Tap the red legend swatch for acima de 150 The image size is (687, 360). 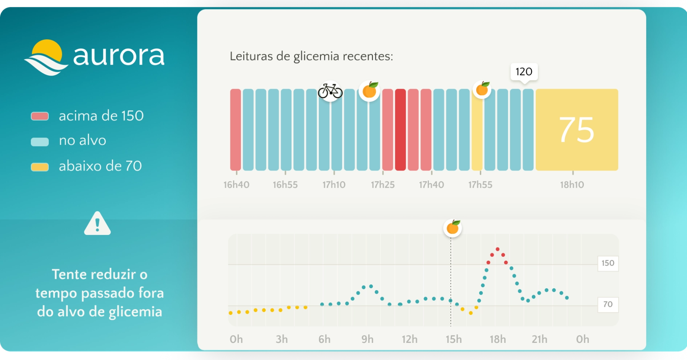pyautogui.click(x=40, y=116)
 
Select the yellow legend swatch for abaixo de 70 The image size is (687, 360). pyautogui.click(x=40, y=167)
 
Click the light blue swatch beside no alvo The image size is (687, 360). pyautogui.click(x=40, y=141)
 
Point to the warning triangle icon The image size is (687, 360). pyautogui.click(x=97, y=224)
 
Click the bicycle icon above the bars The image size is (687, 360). pyautogui.click(x=330, y=91)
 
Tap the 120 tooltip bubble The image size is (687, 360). pyautogui.click(x=524, y=72)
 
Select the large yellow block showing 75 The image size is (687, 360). pyautogui.click(x=577, y=130)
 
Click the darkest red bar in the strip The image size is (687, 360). pyautogui.click(x=400, y=130)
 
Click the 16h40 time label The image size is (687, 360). pyautogui.click(x=236, y=185)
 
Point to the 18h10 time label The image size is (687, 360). pyautogui.click(x=572, y=185)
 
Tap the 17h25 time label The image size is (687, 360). pyautogui.click(x=383, y=185)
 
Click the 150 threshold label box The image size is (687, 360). pyautogui.click(x=608, y=263)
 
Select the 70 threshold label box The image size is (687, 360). pyautogui.click(x=608, y=304)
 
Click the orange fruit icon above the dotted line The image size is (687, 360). pyautogui.click(x=453, y=228)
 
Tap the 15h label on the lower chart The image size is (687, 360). pyautogui.click(x=454, y=339)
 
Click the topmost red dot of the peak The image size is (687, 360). pyautogui.click(x=498, y=249)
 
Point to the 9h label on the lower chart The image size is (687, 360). pyautogui.click(x=367, y=339)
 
